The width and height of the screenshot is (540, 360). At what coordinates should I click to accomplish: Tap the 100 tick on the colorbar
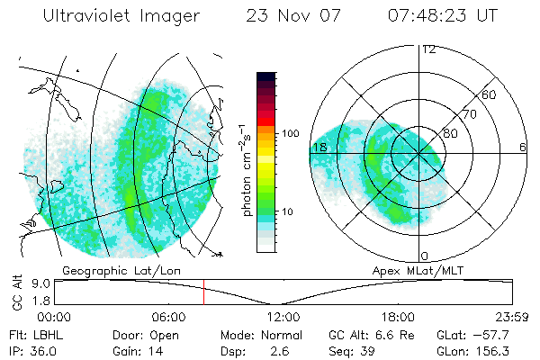pyautogui.click(x=291, y=133)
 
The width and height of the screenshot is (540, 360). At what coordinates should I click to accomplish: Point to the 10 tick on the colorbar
pyautogui.click(x=287, y=211)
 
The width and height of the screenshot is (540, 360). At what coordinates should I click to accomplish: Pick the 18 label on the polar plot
pyautogui.click(x=319, y=147)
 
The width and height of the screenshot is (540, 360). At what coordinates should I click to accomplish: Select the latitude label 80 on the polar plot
pyautogui.click(x=450, y=133)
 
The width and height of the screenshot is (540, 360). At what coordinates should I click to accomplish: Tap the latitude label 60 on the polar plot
pyautogui.click(x=490, y=94)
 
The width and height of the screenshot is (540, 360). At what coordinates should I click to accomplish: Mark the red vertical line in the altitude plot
pyautogui.click(x=204, y=292)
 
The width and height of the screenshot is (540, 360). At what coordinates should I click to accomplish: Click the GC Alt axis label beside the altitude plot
pyautogui.click(x=15, y=292)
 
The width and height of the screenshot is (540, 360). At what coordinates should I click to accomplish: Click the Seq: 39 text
pyautogui.click(x=353, y=350)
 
